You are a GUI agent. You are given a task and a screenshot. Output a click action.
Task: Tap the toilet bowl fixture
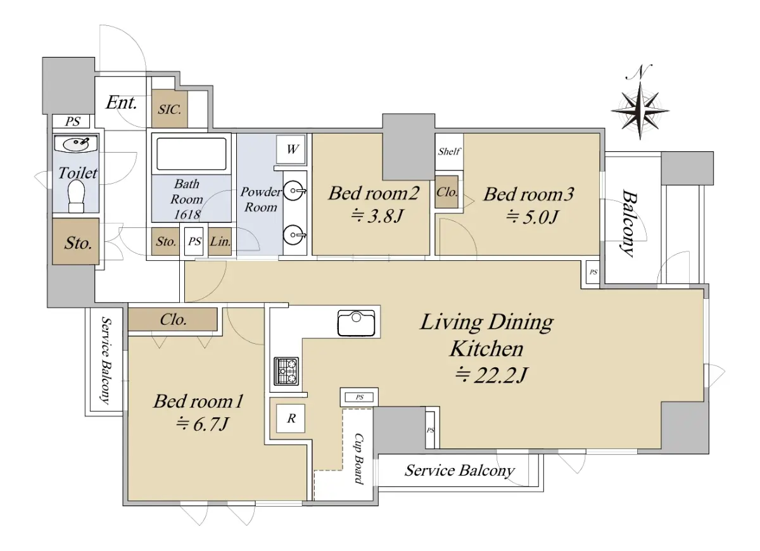[x=77, y=196]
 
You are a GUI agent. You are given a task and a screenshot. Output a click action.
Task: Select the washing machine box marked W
[x=291, y=149]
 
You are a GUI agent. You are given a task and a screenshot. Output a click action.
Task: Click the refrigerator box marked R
[x=291, y=419]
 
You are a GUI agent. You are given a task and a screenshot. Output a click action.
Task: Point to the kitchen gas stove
[x=286, y=371]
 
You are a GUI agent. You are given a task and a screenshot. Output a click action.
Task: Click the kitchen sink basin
[x=356, y=323]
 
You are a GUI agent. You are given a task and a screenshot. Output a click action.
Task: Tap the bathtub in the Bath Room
[x=191, y=154]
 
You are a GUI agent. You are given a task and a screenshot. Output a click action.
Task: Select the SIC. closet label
[x=169, y=109]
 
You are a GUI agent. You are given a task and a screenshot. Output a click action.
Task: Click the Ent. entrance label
[x=121, y=103]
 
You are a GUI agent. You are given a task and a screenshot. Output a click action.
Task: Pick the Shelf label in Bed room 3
[x=449, y=151]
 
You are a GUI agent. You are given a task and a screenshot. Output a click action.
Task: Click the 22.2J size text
[x=491, y=375]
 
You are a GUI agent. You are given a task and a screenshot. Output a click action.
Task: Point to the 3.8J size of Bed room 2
[x=377, y=215]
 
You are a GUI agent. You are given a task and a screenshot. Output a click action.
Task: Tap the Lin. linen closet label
[x=220, y=241]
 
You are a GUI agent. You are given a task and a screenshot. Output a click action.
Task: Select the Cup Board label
[x=358, y=459]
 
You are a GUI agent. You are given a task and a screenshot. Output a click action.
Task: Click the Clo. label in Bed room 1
[x=173, y=319]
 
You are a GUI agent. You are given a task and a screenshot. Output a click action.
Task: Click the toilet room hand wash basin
[x=76, y=144]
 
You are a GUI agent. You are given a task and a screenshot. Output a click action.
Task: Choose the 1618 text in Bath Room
[x=187, y=215]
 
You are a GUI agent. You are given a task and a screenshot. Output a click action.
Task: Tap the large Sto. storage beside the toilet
[x=75, y=241]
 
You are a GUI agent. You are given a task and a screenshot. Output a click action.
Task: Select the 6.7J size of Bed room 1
[x=202, y=424]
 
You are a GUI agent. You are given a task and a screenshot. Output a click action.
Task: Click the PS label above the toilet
[x=72, y=121]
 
